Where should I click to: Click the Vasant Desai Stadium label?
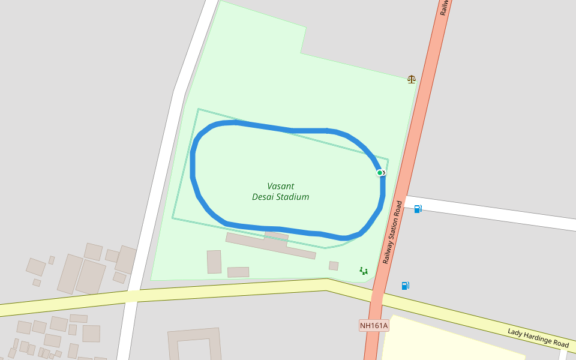(x=280, y=191)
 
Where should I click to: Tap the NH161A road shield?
(x=374, y=326)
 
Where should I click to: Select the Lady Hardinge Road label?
(x=538, y=338)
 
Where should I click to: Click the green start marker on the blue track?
(x=380, y=173)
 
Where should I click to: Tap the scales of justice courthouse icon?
(x=411, y=79)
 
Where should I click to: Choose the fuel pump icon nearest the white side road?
(x=418, y=209)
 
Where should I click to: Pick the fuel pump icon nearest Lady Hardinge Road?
(x=405, y=286)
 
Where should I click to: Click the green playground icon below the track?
(x=364, y=271)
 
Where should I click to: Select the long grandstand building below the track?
(x=270, y=245)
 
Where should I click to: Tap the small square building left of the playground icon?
(x=334, y=266)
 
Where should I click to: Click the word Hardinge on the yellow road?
(x=538, y=338)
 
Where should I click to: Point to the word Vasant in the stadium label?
(x=281, y=186)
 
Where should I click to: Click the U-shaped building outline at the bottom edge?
(x=194, y=346)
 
